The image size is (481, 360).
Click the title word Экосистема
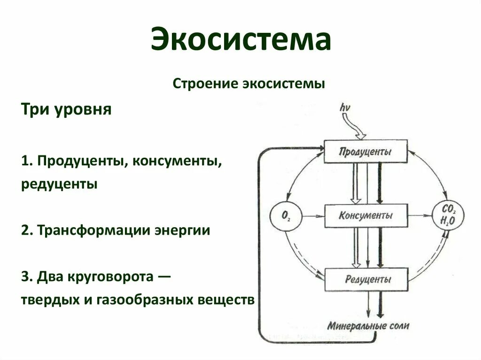240,40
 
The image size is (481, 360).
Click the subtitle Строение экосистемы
249,84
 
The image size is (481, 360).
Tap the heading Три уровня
66,110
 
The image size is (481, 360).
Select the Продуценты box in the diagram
365,152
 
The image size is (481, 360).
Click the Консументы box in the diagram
365,216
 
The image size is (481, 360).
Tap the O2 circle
286,216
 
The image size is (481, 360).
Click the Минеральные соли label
369,325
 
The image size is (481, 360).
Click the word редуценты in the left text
59,184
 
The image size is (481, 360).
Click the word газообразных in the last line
150,299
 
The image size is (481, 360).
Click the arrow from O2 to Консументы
313,216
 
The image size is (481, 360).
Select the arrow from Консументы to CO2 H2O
420,216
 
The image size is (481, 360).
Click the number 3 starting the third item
24,277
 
